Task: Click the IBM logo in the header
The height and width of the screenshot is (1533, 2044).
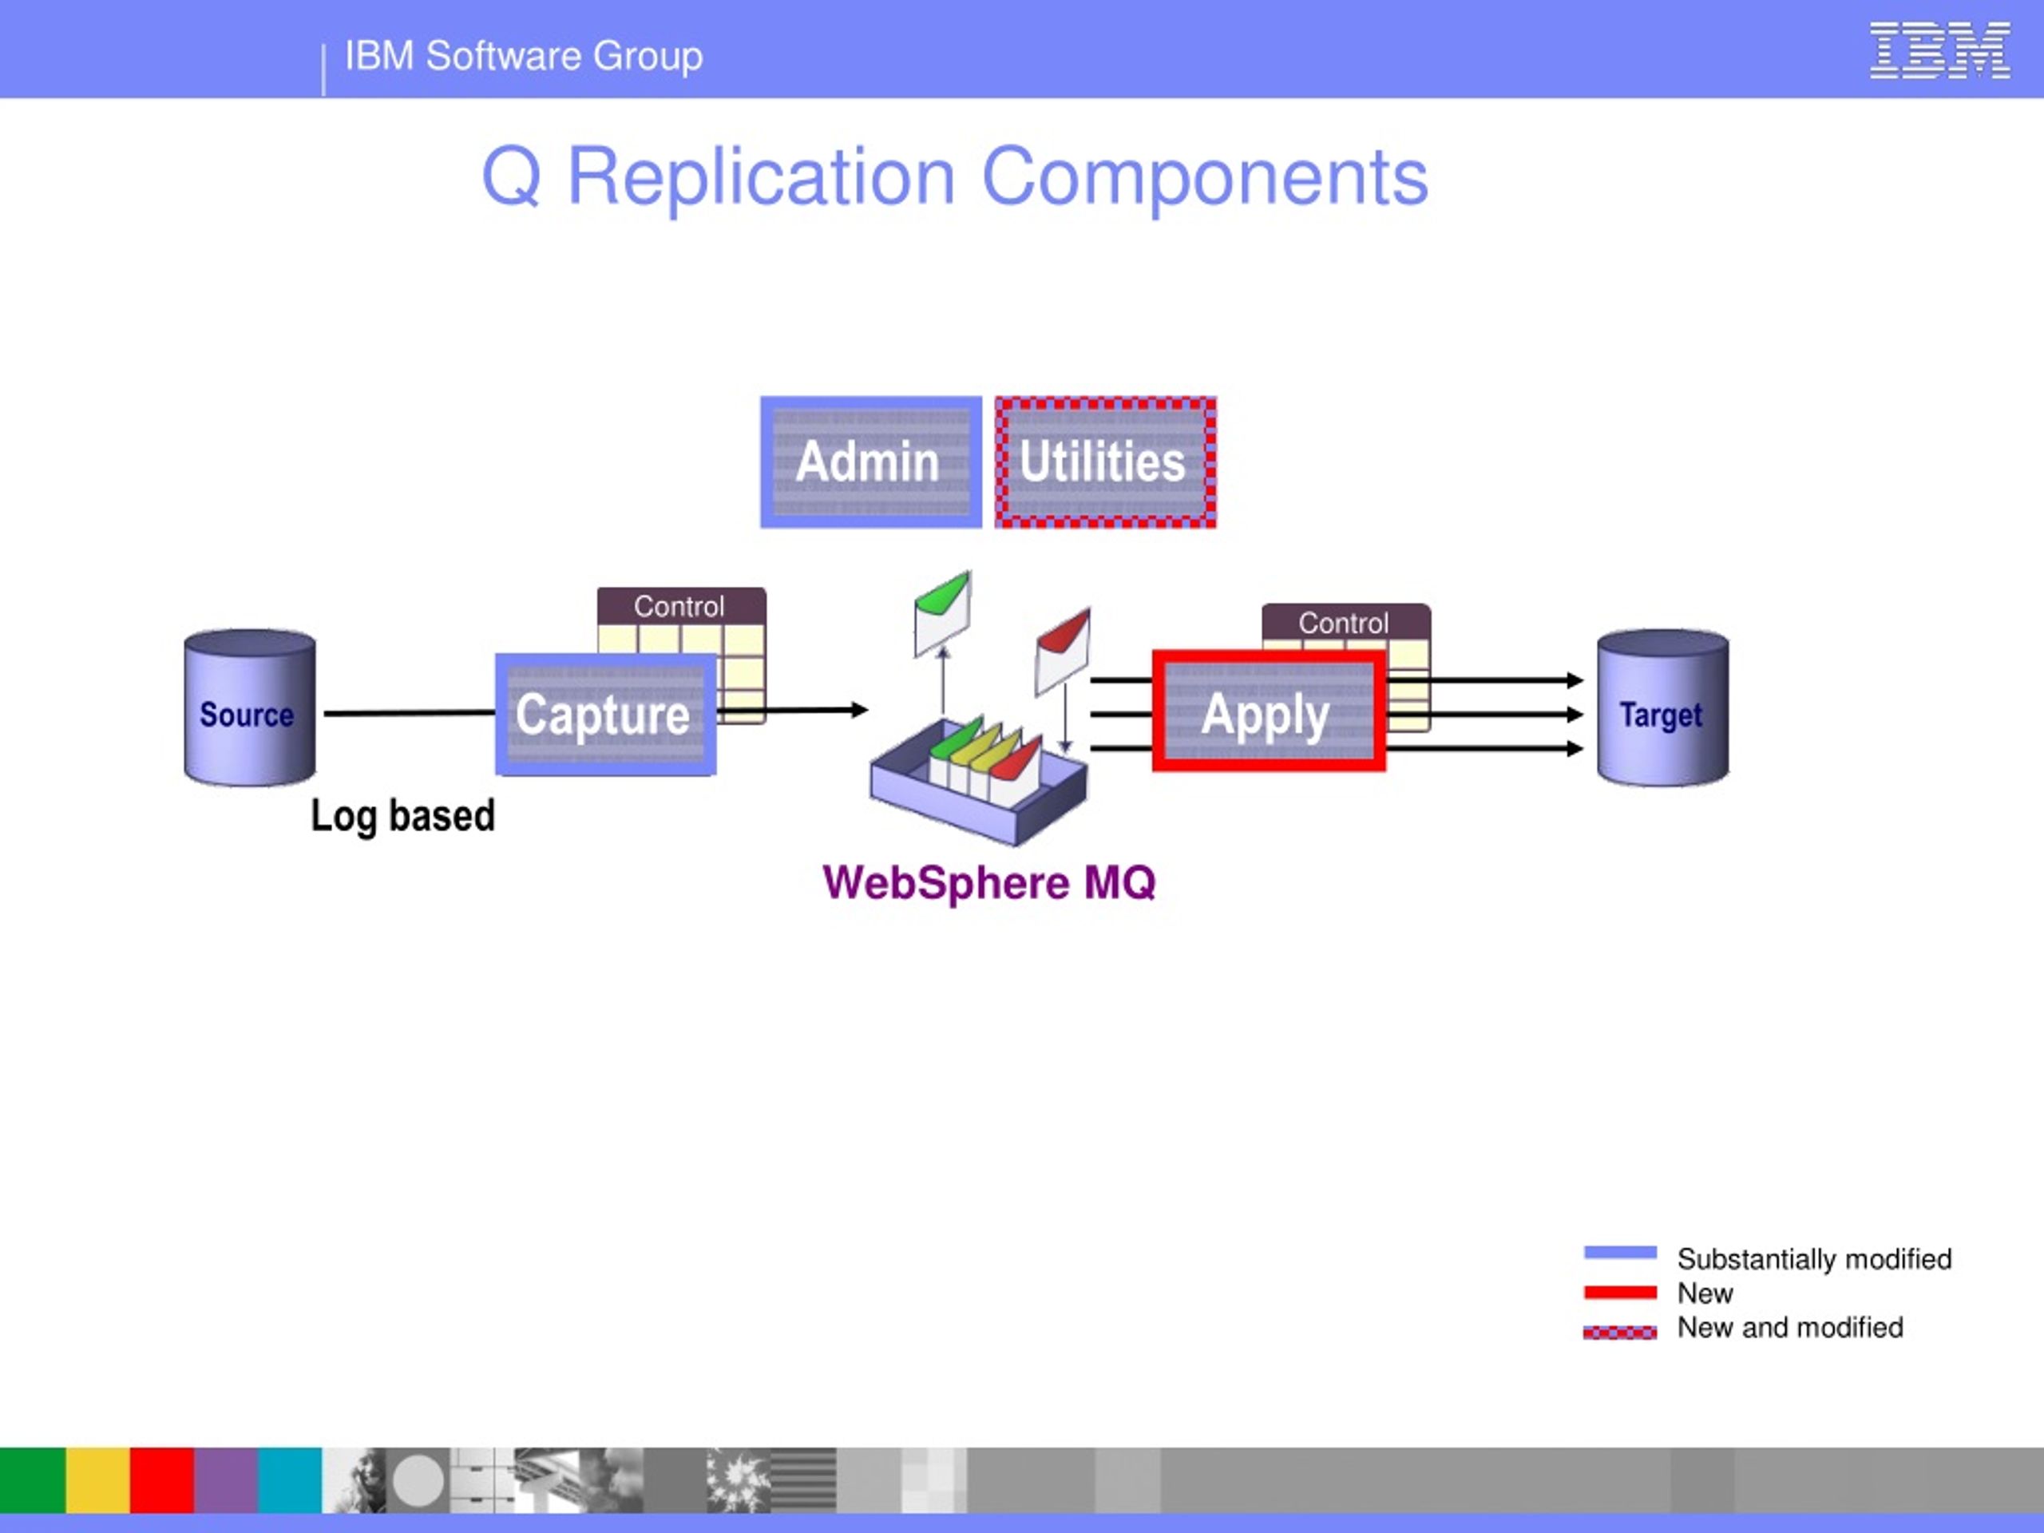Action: (x=1939, y=51)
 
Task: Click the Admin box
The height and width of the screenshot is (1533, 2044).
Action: (x=870, y=462)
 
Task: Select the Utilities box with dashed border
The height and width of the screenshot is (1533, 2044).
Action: (x=1105, y=462)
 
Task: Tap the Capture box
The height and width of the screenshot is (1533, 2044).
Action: (x=605, y=715)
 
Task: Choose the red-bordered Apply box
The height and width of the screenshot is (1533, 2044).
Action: (x=1268, y=711)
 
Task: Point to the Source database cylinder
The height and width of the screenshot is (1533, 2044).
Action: (x=249, y=709)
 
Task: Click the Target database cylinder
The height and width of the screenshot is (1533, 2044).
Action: (x=1662, y=709)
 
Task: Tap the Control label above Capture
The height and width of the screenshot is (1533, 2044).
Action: (x=680, y=606)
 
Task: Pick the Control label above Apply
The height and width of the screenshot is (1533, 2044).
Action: (x=1345, y=623)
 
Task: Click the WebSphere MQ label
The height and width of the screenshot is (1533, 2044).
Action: (x=988, y=882)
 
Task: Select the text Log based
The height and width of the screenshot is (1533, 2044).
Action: (x=403, y=816)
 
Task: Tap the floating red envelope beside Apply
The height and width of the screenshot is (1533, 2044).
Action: (x=1063, y=648)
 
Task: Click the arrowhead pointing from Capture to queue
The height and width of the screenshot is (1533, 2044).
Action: (x=860, y=710)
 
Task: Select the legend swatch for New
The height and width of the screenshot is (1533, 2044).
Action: (x=1620, y=1292)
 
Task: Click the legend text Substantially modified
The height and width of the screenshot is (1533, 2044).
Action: (x=1814, y=1258)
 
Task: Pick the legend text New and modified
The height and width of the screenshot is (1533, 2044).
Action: (x=1790, y=1327)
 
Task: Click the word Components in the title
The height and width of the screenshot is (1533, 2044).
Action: (x=1204, y=177)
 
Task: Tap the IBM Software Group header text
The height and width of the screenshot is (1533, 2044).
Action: (x=524, y=57)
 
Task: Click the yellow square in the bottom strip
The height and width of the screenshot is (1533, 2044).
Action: (x=97, y=1480)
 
